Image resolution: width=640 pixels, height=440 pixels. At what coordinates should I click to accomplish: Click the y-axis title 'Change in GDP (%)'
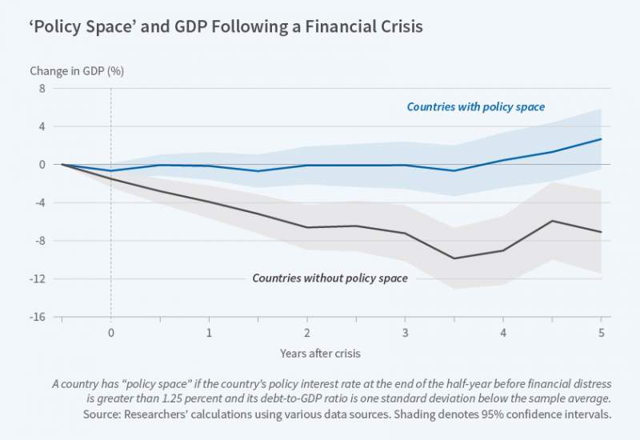click(x=77, y=70)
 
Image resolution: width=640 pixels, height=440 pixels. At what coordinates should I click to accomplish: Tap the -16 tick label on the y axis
click(x=39, y=317)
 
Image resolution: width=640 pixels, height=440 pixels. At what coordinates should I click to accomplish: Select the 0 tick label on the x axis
click(x=110, y=332)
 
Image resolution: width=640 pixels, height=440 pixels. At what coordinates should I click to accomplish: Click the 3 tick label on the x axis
click(x=405, y=332)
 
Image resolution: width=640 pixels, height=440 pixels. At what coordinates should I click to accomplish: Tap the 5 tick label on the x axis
click(x=601, y=332)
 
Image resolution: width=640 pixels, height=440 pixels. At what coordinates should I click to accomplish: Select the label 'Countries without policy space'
click(x=330, y=278)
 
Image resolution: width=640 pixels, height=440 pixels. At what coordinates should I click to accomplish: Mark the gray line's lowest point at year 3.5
click(x=454, y=258)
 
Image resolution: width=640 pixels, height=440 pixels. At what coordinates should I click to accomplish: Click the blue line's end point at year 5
click(x=601, y=139)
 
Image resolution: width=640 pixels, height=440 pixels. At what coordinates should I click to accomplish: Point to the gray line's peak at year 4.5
click(x=552, y=221)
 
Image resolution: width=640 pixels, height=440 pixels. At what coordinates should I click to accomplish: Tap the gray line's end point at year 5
click(x=601, y=232)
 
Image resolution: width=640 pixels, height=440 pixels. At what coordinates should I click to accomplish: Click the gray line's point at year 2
click(x=307, y=227)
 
